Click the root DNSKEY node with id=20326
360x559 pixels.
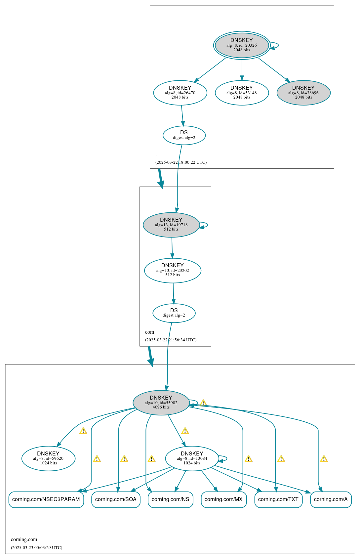pyautogui.click(x=242, y=45)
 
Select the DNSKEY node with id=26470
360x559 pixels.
pyautogui.click(x=180, y=93)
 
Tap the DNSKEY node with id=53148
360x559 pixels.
pyautogui.click(x=242, y=93)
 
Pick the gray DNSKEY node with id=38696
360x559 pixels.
pyautogui.click(x=303, y=93)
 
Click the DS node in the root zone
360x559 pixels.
pyautogui.click(x=184, y=135)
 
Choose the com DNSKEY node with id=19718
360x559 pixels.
pyautogui.click(x=171, y=225)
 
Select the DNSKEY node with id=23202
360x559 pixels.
pyautogui.click(x=173, y=270)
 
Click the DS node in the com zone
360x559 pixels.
pyautogui.click(x=174, y=313)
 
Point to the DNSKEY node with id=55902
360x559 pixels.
pyautogui.click(x=161, y=403)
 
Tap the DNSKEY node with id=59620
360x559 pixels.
pyautogui.click(x=48, y=458)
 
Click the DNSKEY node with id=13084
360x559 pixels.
pyautogui.click(x=192, y=458)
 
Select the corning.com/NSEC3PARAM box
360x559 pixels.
pyautogui.click(x=46, y=499)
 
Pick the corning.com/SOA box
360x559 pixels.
pyautogui.click(x=116, y=499)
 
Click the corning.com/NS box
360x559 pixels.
pyautogui.click(x=170, y=499)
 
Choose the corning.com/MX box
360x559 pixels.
pyautogui.click(x=223, y=499)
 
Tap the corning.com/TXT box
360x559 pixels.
pyautogui.click(x=278, y=499)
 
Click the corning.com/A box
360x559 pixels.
pyautogui.click(x=331, y=499)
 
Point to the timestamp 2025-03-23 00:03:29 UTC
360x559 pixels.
pyautogui.click(x=36, y=547)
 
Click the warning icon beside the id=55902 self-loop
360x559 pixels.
pyautogui.click(x=203, y=403)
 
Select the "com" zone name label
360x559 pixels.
pyautogui.click(x=149, y=332)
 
